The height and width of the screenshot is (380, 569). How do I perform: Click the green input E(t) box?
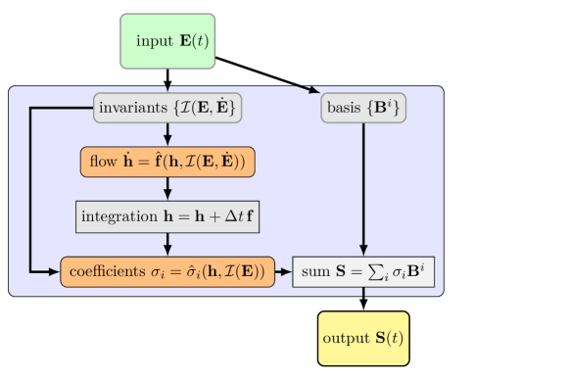pyautogui.click(x=167, y=41)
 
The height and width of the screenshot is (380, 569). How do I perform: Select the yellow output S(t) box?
pyautogui.click(x=363, y=338)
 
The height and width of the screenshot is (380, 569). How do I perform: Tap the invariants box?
pyautogui.click(x=167, y=107)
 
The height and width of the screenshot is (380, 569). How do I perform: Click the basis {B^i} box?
pyautogui.click(x=363, y=107)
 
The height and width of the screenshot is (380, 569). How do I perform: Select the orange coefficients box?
pyautogui.click(x=167, y=271)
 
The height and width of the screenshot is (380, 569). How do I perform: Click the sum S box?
pyautogui.click(x=363, y=271)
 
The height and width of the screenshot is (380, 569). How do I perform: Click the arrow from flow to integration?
pyautogui.click(x=167, y=189)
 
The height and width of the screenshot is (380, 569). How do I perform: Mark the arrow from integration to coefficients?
pyautogui.click(x=167, y=244)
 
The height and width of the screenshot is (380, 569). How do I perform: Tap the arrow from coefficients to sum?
pyautogui.click(x=284, y=271)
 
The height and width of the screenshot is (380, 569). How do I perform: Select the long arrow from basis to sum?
pyautogui.click(x=363, y=186)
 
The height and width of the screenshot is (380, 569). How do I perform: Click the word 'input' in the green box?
pyautogui.click(x=153, y=41)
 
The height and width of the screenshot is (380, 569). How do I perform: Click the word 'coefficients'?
pyautogui.click(x=104, y=271)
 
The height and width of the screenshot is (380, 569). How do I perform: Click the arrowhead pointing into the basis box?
pyautogui.click(x=314, y=92)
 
